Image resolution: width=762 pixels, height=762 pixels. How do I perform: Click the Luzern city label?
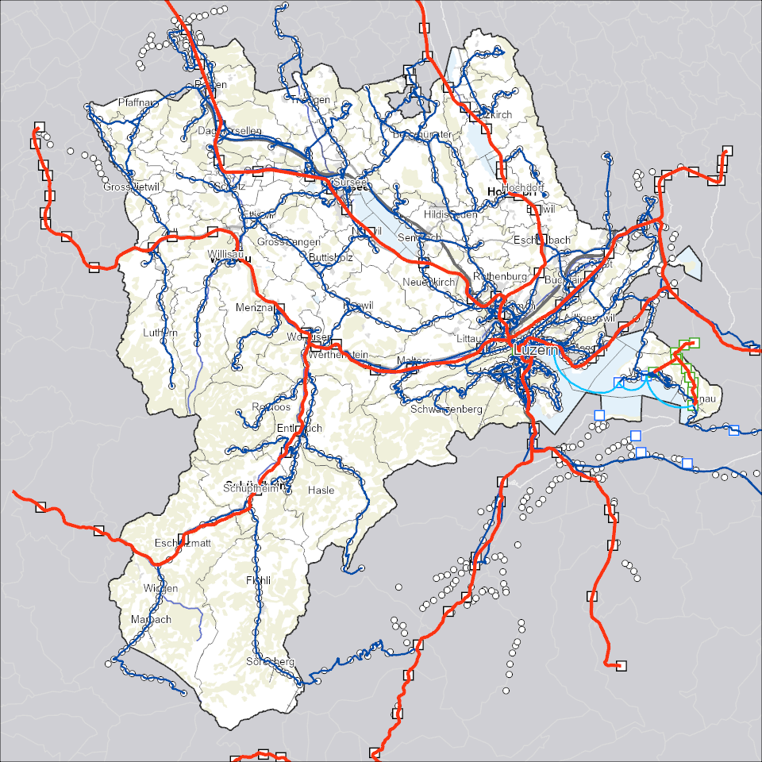537,349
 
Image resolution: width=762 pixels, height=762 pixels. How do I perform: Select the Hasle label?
321,491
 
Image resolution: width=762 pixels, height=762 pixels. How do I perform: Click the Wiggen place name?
161,588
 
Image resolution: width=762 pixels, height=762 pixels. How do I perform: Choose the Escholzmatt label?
183,544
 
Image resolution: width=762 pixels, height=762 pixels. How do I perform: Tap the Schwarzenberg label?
447,409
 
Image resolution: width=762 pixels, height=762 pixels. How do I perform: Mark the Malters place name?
413,361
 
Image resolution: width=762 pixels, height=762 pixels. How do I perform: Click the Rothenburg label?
500,276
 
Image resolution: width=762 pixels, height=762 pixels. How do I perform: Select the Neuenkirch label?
429,283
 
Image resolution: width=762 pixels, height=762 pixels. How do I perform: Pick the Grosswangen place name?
289,241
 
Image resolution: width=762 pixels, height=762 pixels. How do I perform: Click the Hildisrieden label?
451,214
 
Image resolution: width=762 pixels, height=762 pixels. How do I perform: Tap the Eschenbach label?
542,240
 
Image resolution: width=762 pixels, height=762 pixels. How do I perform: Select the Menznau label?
255,307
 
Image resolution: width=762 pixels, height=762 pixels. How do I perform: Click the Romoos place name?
271,407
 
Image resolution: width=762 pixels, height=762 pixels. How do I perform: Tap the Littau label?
469,338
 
